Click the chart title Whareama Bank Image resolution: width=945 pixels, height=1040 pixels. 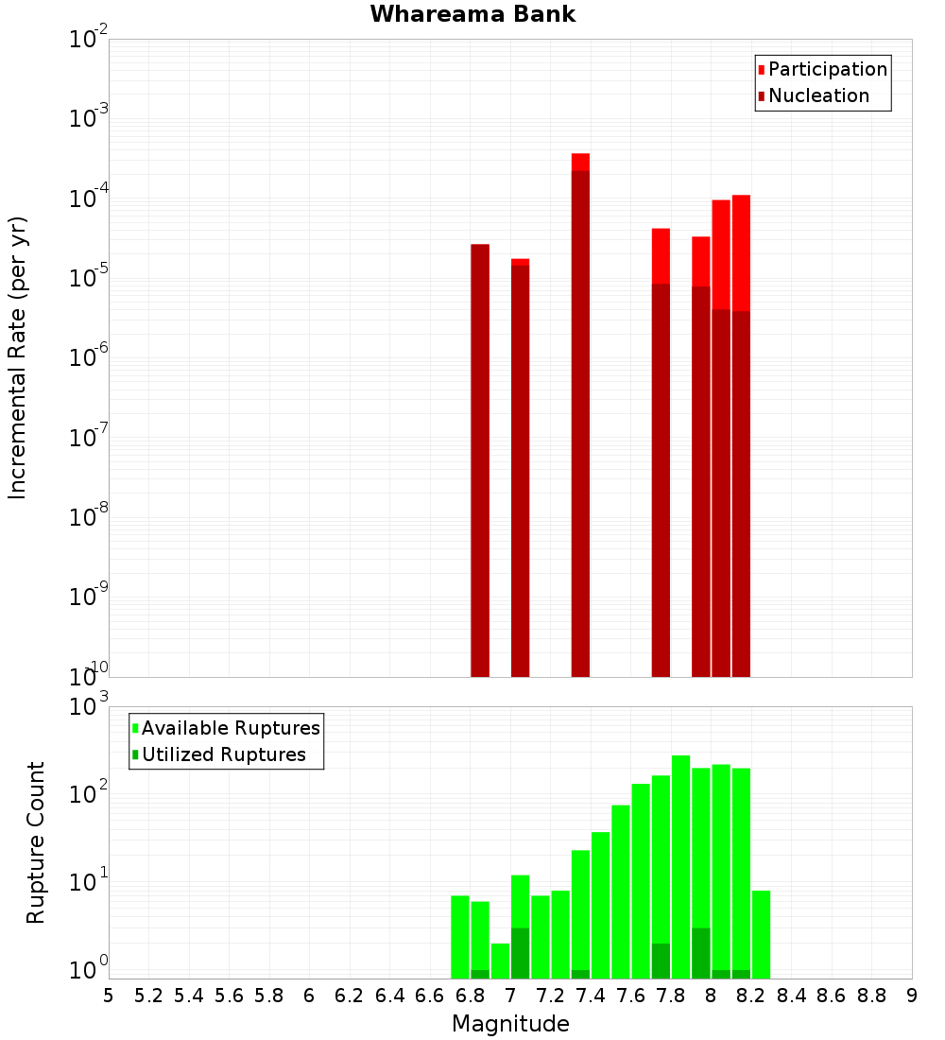coord(472,14)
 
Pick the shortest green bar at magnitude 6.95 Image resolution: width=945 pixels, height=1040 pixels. coord(500,961)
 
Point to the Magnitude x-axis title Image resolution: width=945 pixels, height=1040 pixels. coord(510,1024)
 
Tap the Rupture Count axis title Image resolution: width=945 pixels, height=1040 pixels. coord(36,842)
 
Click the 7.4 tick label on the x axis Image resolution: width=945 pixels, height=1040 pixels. coord(591,996)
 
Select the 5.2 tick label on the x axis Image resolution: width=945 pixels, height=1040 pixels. coord(148,996)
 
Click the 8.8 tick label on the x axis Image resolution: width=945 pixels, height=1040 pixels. coord(871,996)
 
